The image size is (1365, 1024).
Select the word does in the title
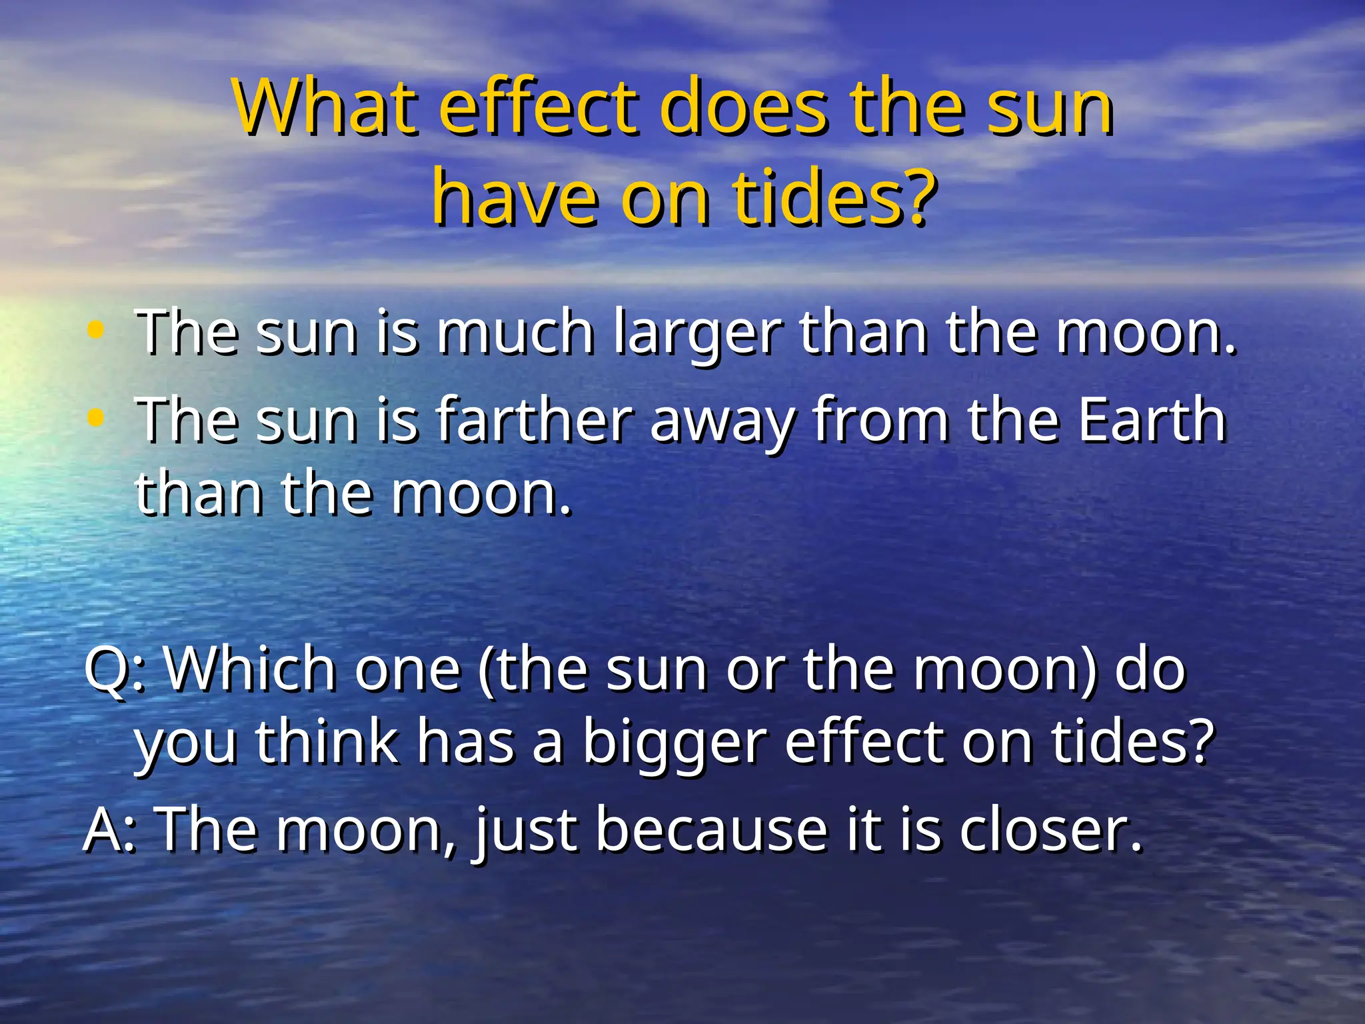coord(744,107)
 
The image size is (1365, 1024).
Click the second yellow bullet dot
coord(96,417)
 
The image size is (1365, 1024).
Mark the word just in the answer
coord(526,831)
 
